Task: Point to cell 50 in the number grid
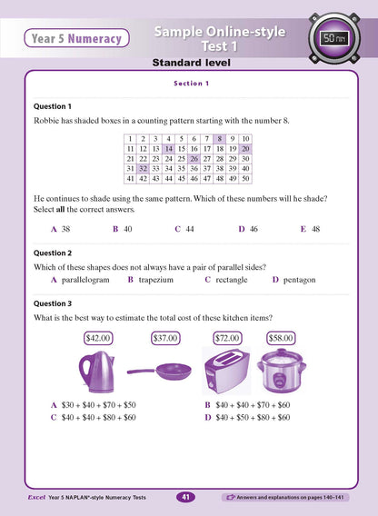[x=244, y=180]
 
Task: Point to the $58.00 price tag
[x=281, y=338]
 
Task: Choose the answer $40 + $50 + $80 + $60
[x=248, y=417]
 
